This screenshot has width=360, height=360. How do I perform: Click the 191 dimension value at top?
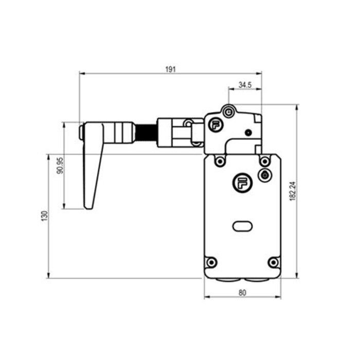[170, 68]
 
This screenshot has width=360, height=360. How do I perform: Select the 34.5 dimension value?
[244, 85]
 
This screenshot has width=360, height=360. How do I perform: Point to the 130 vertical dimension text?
[45, 216]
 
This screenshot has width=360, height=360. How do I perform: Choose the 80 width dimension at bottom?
[243, 293]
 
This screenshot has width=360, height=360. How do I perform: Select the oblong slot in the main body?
[242, 225]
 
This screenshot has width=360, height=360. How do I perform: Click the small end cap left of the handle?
[81, 131]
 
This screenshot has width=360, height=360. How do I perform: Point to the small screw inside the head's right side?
[249, 133]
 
